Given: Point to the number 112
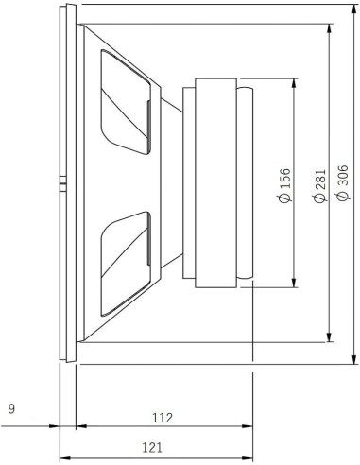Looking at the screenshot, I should (162, 415).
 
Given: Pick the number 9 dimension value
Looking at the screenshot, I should (10, 409).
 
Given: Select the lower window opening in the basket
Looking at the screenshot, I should (125, 261).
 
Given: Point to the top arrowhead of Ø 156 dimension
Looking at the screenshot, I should (296, 81).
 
